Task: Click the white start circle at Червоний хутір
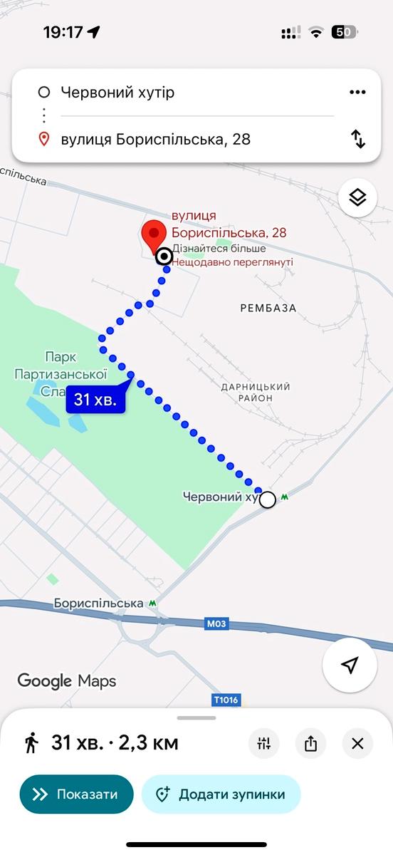click(267, 499)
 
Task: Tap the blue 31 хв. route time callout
click(96, 399)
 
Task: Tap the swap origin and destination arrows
click(358, 139)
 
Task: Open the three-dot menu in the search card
click(357, 93)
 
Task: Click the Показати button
click(77, 794)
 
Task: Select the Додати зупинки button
click(221, 794)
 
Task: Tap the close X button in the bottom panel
click(357, 744)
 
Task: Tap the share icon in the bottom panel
click(310, 744)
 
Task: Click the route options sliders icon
click(264, 744)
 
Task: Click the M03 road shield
click(216, 623)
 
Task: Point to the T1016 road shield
click(226, 700)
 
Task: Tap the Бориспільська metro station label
click(99, 603)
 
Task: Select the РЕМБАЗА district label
click(268, 309)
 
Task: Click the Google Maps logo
click(67, 680)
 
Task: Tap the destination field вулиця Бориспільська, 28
click(156, 139)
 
